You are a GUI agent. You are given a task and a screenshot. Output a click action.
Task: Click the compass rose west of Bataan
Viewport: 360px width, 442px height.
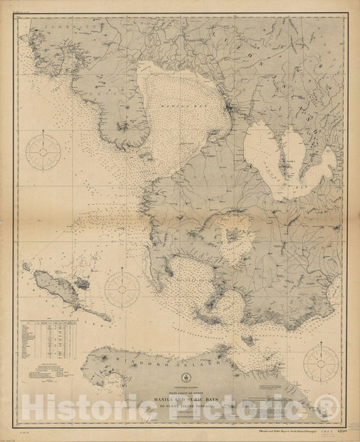(43, 152)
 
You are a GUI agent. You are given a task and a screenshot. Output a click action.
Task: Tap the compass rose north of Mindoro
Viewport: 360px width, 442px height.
(122, 289)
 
